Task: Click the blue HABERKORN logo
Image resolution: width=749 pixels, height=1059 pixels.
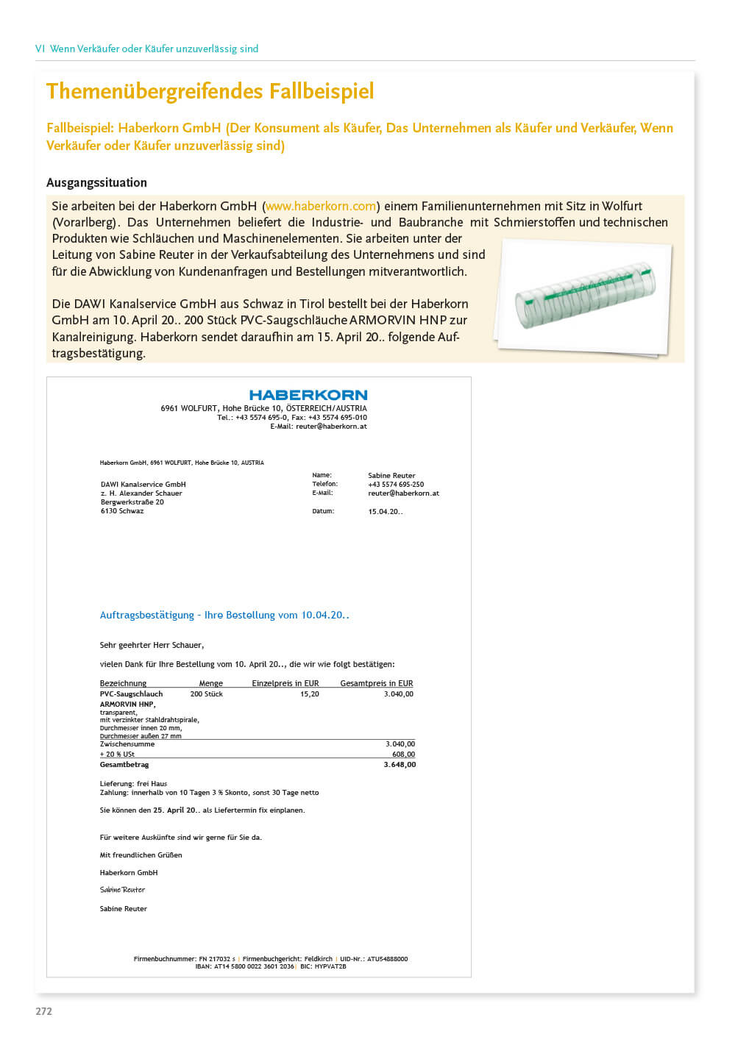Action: coord(308,395)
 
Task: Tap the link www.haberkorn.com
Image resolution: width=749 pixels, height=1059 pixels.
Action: coord(321,206)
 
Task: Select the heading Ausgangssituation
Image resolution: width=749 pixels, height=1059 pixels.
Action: coord(96,182)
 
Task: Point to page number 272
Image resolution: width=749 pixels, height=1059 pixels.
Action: coord(44,1011)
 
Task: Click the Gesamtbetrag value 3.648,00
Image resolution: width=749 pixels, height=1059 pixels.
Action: coord(400,765)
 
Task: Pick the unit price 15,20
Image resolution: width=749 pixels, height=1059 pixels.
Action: coord(310,693)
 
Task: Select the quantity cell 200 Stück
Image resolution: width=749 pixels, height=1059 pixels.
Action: coord(206,693)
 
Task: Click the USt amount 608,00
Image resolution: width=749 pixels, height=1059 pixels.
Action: coord(403,755)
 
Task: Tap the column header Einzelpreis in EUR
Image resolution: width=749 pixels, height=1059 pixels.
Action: coord(285,683)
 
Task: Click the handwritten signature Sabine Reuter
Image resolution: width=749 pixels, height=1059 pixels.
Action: coord(122,890)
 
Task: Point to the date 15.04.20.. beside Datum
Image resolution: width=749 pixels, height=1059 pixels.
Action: coord(386,511)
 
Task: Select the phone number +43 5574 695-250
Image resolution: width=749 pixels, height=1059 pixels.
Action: coord(396,485)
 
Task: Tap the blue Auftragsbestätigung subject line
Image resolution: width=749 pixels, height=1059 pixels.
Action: coord(224,615)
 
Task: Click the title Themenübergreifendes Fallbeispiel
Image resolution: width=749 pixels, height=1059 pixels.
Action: coord(210,91)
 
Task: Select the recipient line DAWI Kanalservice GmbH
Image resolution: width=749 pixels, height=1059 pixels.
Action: coord(143,485)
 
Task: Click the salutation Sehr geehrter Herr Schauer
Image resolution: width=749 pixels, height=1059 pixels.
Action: coord(152,645)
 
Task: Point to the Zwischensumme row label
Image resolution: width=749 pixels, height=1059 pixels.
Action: coord(127,744)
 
